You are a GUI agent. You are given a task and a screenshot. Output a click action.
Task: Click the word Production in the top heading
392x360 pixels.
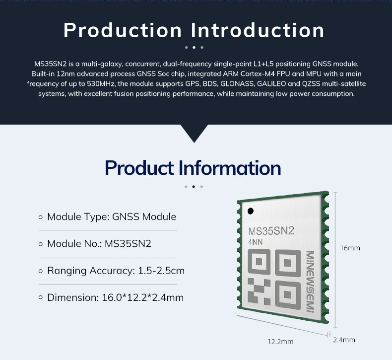[123, 30]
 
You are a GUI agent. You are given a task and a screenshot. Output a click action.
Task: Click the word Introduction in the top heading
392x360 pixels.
[258, 30]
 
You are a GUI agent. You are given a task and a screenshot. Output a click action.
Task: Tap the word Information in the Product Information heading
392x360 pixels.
[230, 168]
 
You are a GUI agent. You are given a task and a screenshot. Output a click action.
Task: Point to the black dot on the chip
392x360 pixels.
[251, 211]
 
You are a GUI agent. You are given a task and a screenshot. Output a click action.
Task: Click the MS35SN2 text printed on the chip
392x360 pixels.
[271, 231]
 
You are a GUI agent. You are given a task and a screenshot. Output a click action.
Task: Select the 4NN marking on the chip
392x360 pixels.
[255, 242]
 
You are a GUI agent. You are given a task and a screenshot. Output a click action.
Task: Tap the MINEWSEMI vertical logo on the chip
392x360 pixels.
[310, 282]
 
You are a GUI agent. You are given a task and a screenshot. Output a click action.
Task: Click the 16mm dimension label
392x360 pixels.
[350, 248]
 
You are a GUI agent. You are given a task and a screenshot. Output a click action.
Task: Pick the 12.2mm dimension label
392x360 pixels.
[280, 342]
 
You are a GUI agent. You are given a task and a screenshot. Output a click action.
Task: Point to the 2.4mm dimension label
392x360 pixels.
[344, 340]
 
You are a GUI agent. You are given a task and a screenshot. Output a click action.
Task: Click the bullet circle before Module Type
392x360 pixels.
[41, 217]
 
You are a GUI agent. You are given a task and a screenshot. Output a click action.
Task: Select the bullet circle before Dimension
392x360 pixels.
[41, 297]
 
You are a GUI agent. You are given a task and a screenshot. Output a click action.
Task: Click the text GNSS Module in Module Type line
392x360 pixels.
[144, 216]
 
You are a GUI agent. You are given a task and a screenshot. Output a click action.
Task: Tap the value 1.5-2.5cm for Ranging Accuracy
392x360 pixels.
[161, 271]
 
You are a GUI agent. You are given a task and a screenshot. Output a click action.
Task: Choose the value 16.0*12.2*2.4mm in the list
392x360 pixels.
[143, 297]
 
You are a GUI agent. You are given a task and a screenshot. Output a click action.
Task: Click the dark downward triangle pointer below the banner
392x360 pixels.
[194, 132]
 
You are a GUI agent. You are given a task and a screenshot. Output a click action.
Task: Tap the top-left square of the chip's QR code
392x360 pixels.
[259, 262]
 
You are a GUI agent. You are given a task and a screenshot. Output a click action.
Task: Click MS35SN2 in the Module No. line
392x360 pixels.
[128, 244]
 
